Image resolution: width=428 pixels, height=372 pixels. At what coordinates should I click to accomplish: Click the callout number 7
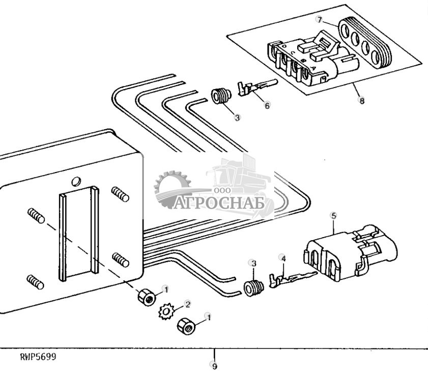coord(319,20)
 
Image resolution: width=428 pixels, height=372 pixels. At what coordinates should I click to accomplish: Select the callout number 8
coord(362,101)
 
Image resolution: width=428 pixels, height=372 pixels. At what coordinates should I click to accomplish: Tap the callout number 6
coord(267,105)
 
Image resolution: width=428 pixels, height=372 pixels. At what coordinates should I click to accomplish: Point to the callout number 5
coord(333,216)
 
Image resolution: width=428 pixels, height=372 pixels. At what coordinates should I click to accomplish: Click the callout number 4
coord(283,259)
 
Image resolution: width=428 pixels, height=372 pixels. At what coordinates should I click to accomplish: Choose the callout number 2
coord(188,304)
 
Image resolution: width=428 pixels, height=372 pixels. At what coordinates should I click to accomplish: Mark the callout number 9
coord(214,365)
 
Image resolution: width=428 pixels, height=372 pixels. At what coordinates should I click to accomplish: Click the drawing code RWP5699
coord(38,357)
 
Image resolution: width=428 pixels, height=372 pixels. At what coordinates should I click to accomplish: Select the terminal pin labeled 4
coord(291,280)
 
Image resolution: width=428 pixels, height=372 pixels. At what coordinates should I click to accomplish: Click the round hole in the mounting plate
coord(76,181)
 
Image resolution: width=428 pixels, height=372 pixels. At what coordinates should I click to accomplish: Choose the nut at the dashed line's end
coord(147,297)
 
